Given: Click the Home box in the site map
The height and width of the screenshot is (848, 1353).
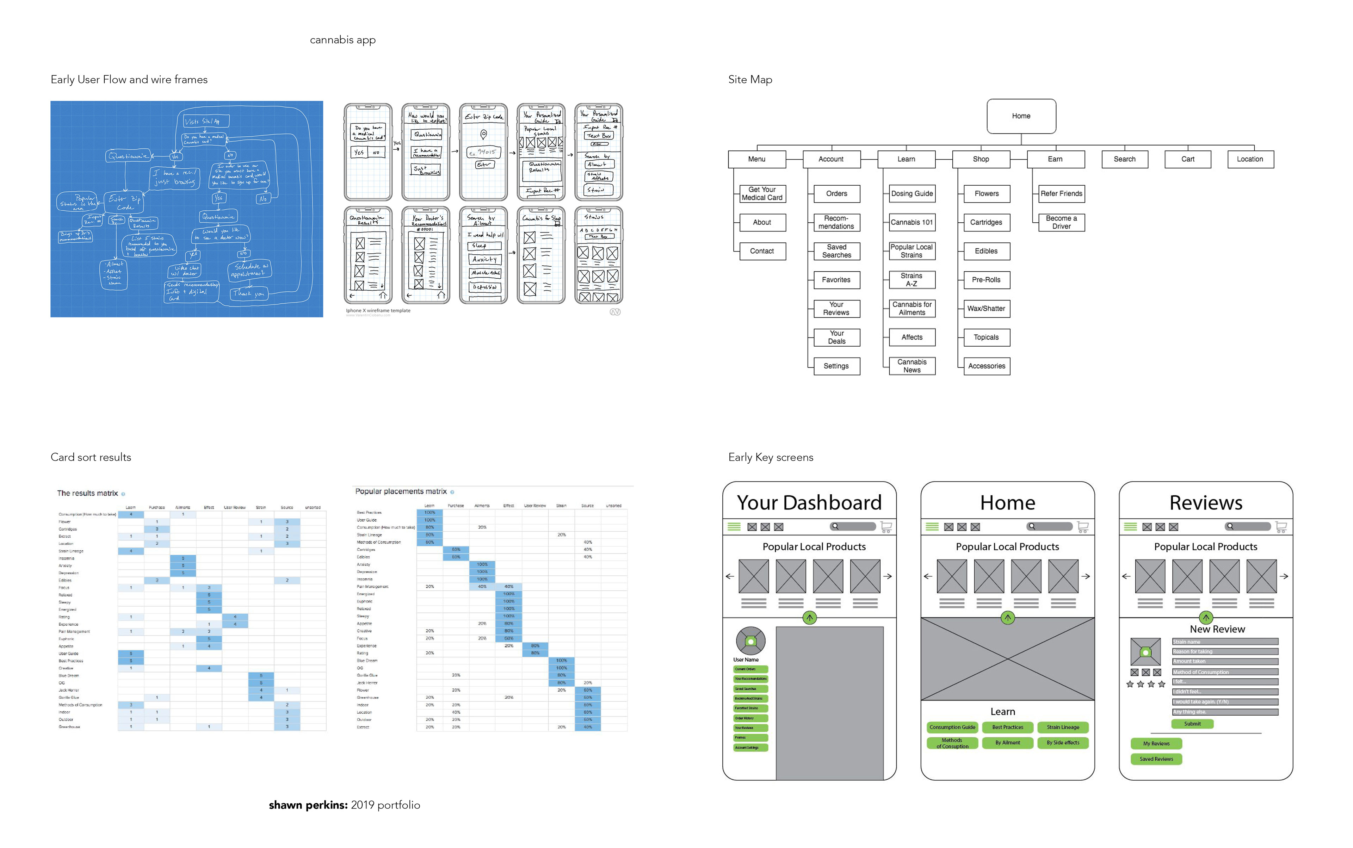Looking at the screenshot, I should [x=1021, y=116].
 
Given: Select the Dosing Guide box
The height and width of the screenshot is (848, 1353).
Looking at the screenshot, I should [x=912, y=193].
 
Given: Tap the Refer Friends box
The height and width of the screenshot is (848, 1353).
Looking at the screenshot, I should [x=1061, y=193].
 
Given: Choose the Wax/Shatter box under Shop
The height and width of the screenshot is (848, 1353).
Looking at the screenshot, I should [x=986, y=309].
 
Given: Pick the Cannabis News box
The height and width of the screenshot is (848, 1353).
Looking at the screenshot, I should [x=912, y=366].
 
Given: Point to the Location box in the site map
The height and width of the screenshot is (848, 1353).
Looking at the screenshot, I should [x=1250, y=159].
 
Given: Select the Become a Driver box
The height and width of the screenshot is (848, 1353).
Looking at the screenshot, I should [x=1061, y=222].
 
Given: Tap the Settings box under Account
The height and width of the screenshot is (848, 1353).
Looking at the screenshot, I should [x=836, y=366].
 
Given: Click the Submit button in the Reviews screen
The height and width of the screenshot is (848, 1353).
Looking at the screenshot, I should [x=1192, y=724].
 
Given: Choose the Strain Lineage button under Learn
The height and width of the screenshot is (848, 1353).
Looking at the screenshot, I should [x=1062, y=727].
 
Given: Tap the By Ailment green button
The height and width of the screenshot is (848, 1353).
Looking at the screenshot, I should [x=1007, y=743].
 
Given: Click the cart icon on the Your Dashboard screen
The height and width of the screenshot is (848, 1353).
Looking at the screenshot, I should [x=886, y=527].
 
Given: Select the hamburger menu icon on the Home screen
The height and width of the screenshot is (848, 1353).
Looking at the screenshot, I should [x=932, y=527].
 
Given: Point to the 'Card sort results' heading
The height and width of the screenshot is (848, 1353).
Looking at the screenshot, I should [x=91, y=457].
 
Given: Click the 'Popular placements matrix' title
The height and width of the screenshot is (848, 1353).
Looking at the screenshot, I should [x=401, y=491].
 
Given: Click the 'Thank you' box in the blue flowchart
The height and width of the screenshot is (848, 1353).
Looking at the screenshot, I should [x=248, y=293].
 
